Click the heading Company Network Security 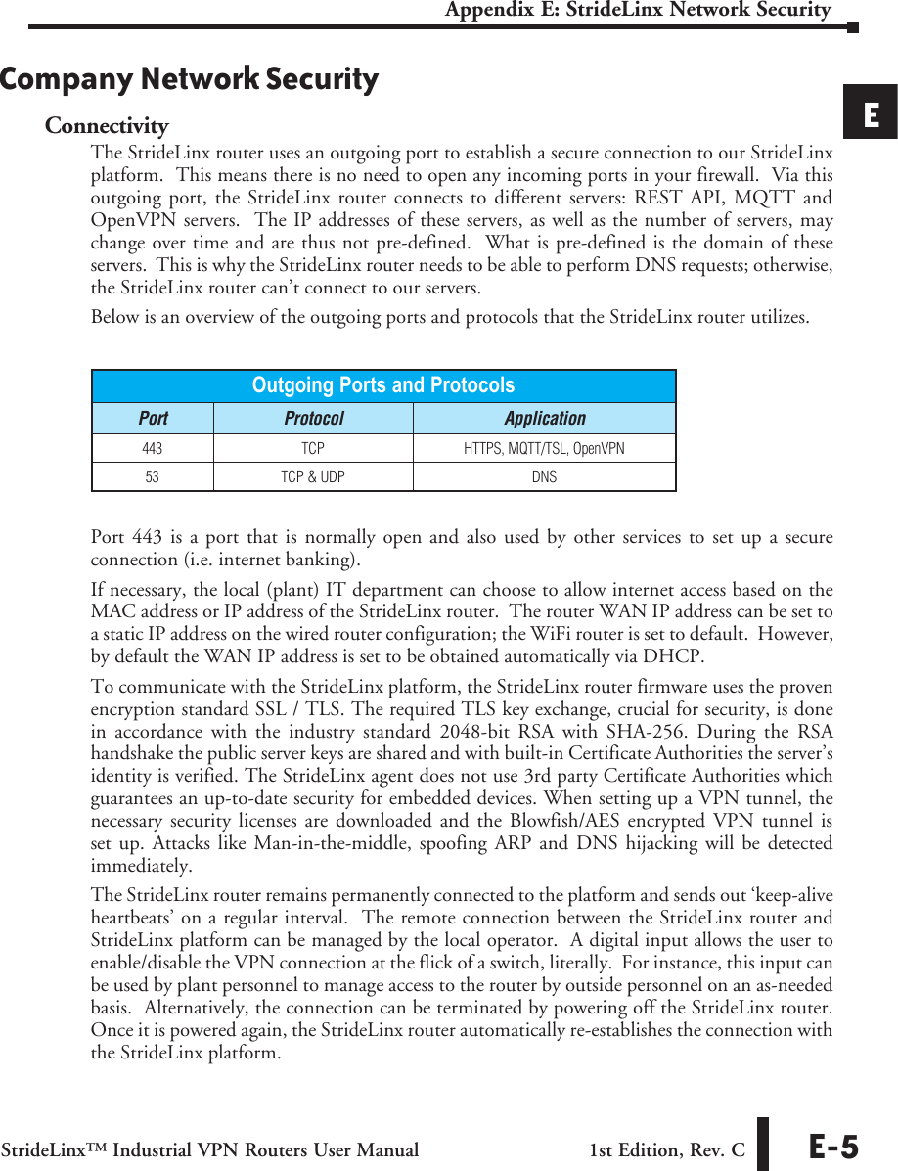[x=189, y=79]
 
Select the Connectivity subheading [x=107, y=126]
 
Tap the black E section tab [x=871, y=114]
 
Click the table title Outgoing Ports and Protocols [x=382, y=385]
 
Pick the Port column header [x=153, y=419]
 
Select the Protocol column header [x=313, y=419]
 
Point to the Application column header [x=544, y=419]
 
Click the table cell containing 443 [x=153, y=449]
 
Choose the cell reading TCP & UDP [x=313, y=477]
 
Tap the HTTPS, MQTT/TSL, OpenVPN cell [x=544, y=449]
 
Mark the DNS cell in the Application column [x=544, y=477]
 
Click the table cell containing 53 [x=153, y=477]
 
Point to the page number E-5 [x=832, y=1148]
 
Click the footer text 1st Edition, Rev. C [x=666, y=1150]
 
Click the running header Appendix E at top [x=637, y=11]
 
